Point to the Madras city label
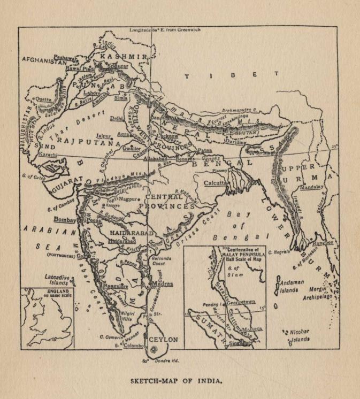(162, 283)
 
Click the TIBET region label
(231, 75)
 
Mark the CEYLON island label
(163, 340)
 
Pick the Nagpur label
(124, 197)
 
